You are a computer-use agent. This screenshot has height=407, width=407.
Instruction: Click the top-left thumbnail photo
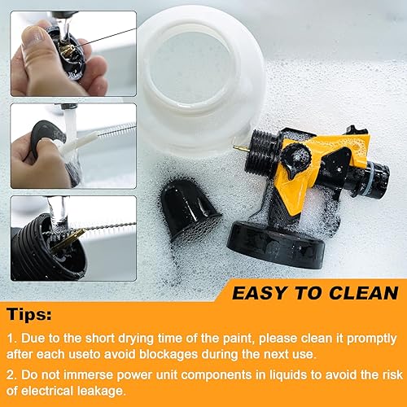(x=62, y=49)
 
